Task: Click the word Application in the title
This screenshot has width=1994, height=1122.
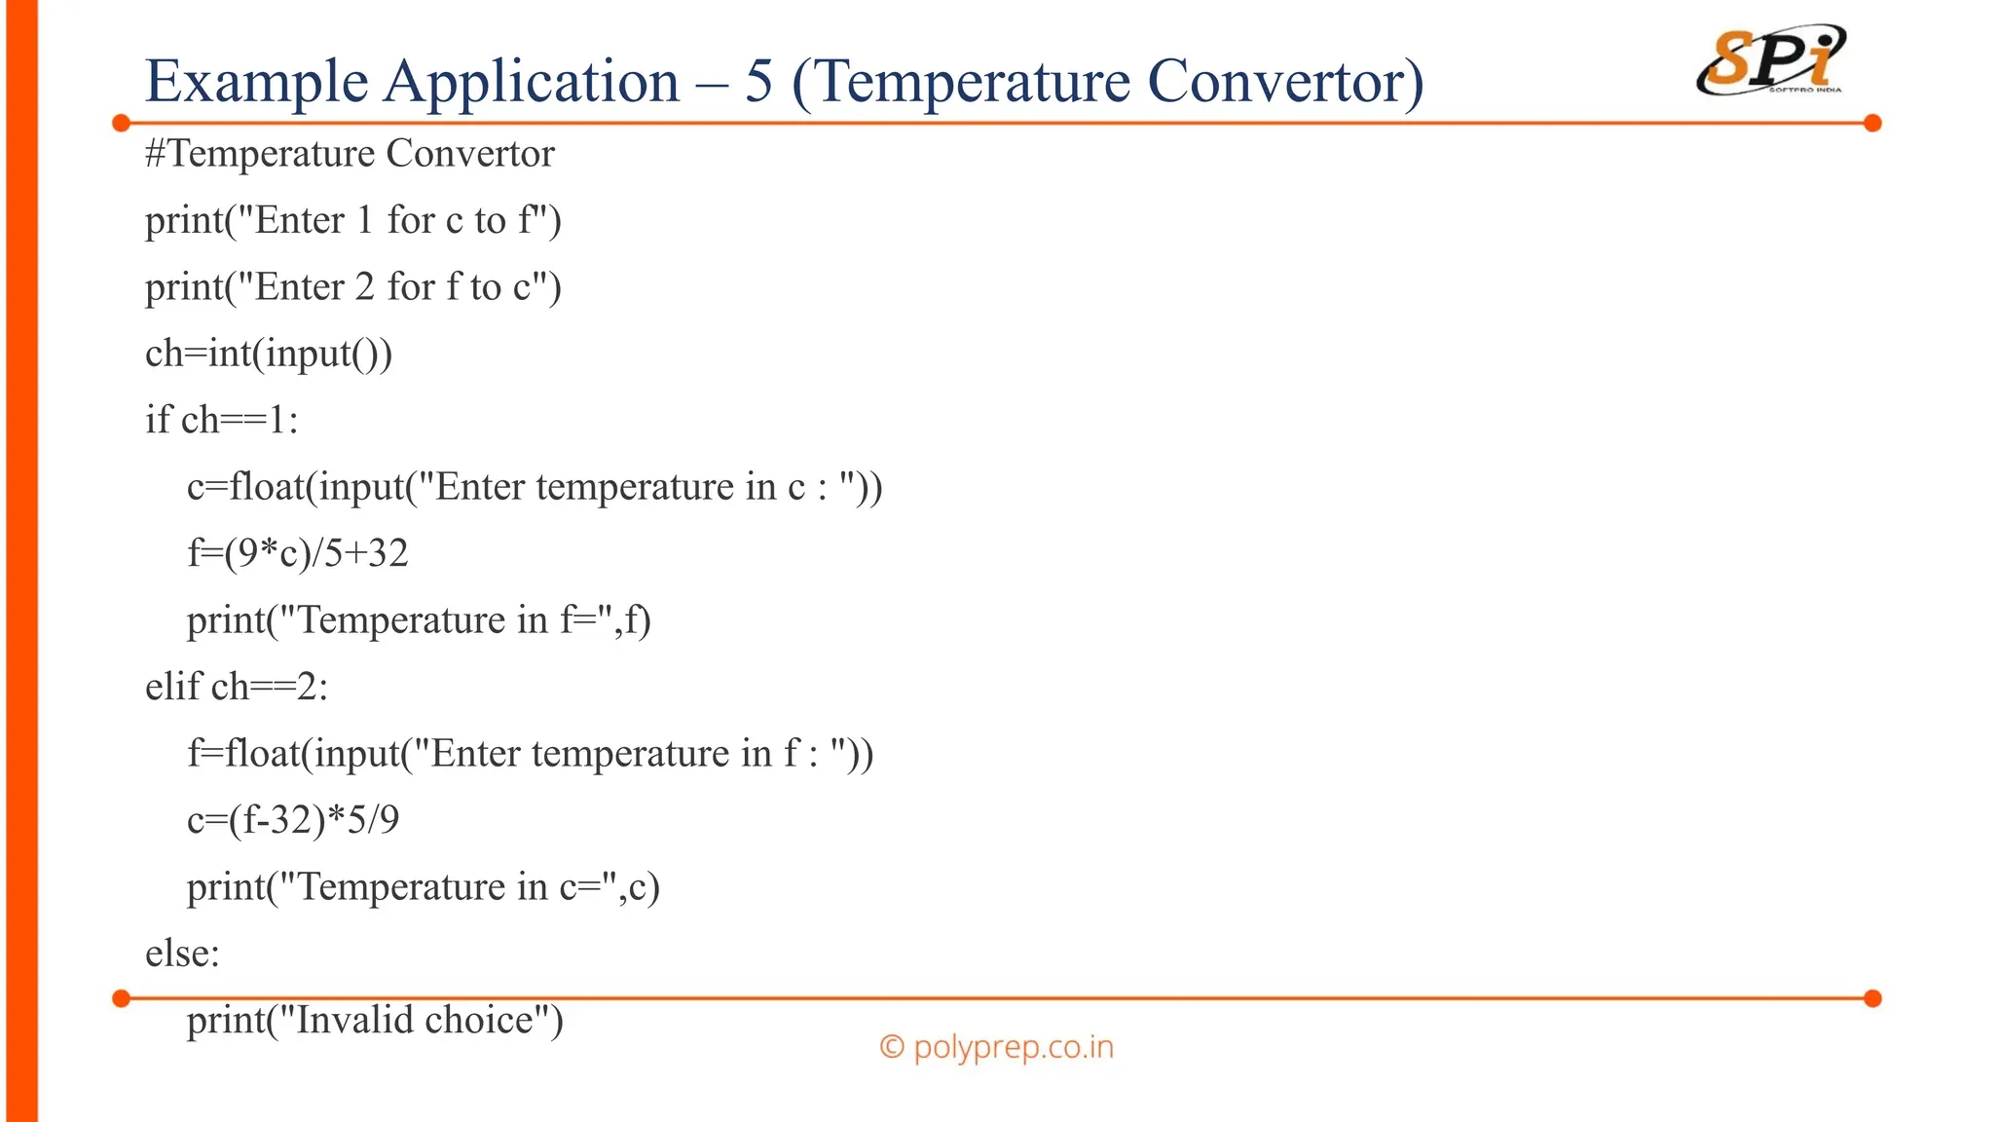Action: pyautogui.click(x=531, y=81)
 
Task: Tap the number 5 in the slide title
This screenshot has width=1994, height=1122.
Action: pyautogui.click(x=758, y=81)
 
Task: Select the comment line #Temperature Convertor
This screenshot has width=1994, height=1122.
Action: pyautogui.click(x=350, y=154)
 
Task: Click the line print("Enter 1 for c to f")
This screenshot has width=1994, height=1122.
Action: pyautogui.click(x=352, y=220)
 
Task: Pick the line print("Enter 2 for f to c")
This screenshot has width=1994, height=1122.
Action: pyautogui.click(x=352, y=287)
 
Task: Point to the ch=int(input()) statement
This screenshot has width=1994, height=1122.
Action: pyautogui.click(x=269, y=354)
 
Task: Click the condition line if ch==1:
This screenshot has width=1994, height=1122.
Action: pyautogui.click(x=221, y=420)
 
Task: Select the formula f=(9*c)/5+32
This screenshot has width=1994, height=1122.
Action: pyautogui.click(x=297, y=553)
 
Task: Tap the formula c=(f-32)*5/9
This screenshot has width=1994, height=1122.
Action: pyautogui.click(x=293, y=820)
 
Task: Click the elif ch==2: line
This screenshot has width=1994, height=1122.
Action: pyautogui.click(x=237, y=687)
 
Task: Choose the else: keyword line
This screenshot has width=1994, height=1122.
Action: pyautogui.click(x=182, y=954)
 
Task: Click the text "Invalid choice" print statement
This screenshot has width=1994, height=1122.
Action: pyautogui.click(x=375, y=1020)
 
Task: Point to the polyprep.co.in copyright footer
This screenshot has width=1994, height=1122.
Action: pyautogui.click(x=996, y=1047)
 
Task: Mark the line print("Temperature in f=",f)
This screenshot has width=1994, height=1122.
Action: pyautogui.click(x=419, y=620)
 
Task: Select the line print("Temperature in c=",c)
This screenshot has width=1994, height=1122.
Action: pyautogui.click(x=423, y=887)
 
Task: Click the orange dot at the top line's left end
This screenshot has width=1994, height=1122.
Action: pyautogui.click(x=122, y=123)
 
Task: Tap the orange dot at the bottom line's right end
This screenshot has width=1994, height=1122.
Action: pyautogui.click(x=1872, y=998)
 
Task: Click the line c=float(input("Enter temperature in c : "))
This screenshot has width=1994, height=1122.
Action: pyautogui.click(x=535, y=487)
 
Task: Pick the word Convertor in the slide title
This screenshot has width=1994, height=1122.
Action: pyautogui.click(x=1285, y=81)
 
